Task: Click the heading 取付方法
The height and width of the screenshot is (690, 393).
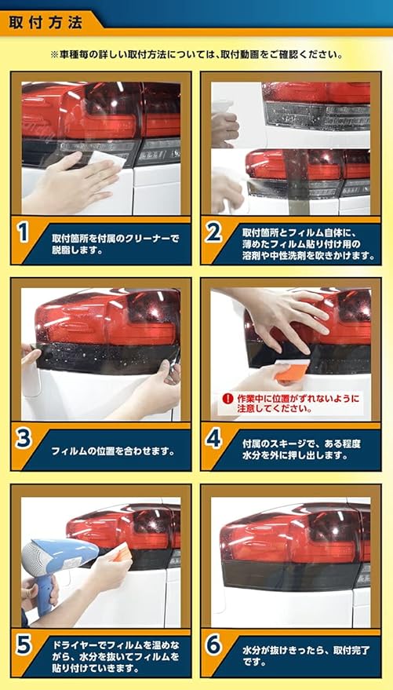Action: point(45,23)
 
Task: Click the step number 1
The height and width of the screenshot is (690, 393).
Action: point(22,234)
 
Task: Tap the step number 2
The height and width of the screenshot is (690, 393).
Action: point(213,234)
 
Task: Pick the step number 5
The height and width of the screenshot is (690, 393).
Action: point(23,647)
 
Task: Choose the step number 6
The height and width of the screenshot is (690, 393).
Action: point(213,647)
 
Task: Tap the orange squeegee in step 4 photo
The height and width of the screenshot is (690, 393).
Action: point(291,370)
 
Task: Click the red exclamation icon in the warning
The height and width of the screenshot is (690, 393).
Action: point(227,399)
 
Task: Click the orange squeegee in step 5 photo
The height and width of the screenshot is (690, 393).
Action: point(122,552)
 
